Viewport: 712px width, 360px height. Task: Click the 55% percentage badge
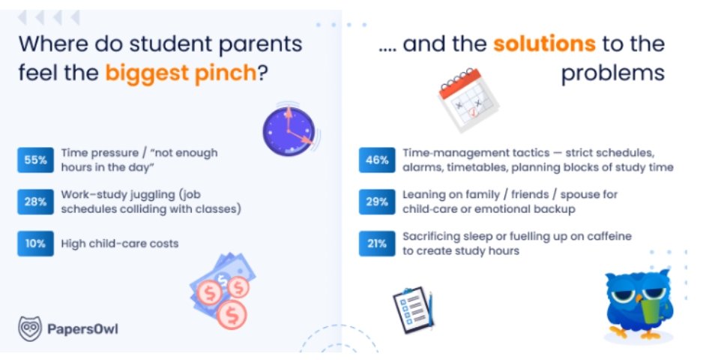(35, 160)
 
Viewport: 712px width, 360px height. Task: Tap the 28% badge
(35, 202)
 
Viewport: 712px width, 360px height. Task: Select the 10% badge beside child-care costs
(35, 244)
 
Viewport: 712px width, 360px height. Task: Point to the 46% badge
(377, 160)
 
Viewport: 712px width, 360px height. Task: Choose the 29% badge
(377, 202)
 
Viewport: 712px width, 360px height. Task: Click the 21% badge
(377, 244)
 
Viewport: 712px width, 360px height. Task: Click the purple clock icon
(289, 131)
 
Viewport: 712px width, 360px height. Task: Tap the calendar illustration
(468, 99)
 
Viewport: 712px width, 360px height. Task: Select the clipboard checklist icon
(413, 310)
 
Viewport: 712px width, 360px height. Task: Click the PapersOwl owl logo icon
(30, 328)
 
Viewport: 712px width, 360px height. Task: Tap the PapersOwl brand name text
(82, 329)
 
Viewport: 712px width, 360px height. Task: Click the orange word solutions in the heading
(544, 43)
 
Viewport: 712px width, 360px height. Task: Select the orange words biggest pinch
(181, 73)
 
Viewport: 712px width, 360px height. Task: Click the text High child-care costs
(120, 244)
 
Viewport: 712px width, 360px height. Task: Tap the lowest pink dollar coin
(232, 313)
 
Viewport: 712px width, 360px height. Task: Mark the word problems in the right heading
(613, 73)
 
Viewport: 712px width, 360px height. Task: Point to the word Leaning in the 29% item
(422, 195)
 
